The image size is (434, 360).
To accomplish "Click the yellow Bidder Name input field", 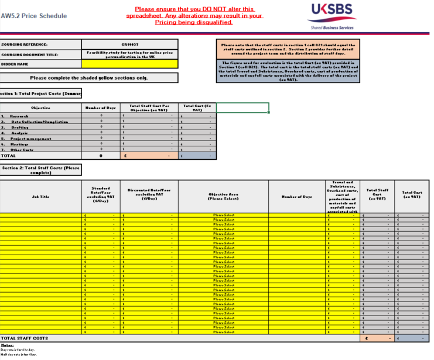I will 130,64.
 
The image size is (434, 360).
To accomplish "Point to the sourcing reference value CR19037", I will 130,44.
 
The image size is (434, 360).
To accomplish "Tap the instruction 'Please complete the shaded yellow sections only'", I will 89,78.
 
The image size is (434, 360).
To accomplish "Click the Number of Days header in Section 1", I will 101,108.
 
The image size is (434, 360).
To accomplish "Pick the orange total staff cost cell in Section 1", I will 149,156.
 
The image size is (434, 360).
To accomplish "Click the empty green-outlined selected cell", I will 242,108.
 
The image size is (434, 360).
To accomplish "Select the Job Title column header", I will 41,197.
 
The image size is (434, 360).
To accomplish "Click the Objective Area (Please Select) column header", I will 224,197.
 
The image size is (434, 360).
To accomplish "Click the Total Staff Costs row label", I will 25,338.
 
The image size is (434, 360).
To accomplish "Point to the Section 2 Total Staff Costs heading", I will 41,170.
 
